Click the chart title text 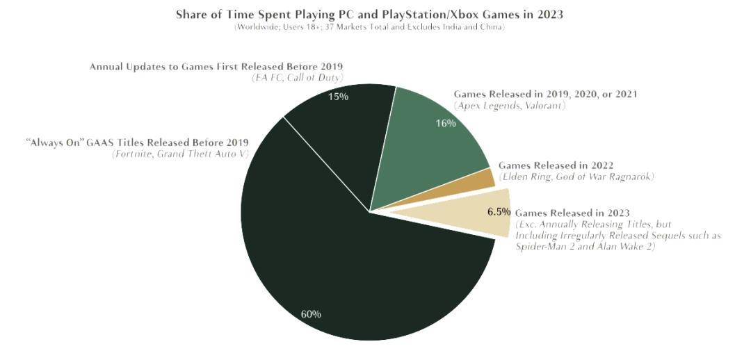pos(369,14)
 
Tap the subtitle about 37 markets pos(369,27)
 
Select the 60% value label pos(311,314)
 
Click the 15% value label pos(338,97)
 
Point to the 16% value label pos(446,123)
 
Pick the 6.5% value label pos(499,211)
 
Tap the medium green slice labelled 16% pos(431,146)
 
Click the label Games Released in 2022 pos(556,166)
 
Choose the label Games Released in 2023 pos(572,212)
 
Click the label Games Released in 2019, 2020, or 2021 pos(545,94)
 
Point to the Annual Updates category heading pos(216,67)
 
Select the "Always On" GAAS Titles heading pos(136,142)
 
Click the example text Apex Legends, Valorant pos(510,106)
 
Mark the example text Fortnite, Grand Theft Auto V pos(180,154)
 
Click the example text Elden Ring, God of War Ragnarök pos(576,177)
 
